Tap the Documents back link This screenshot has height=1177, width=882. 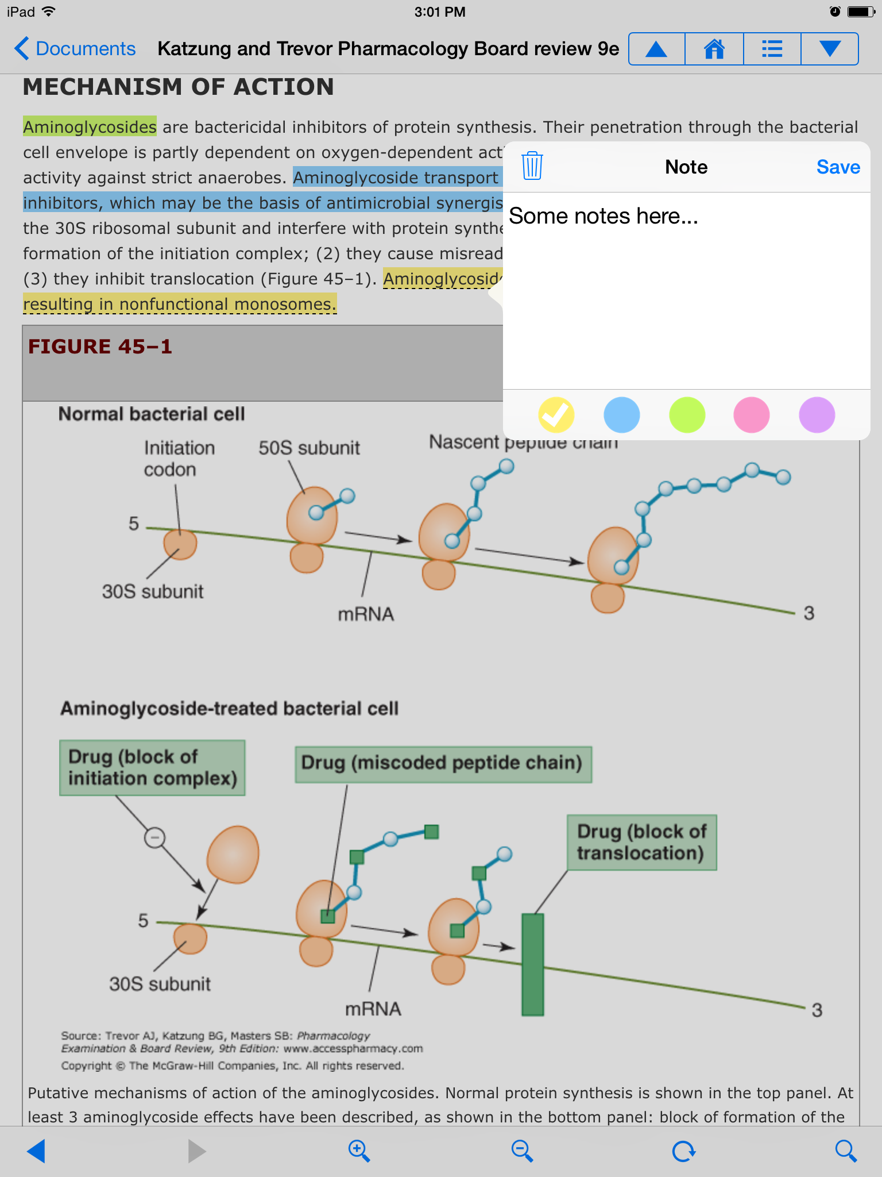(75, 49)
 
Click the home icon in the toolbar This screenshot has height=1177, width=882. (714, 49)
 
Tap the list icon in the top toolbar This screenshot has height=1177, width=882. (772, 49)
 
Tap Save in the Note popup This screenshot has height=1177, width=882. (838, 167)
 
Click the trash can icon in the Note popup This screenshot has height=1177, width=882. (532, 166)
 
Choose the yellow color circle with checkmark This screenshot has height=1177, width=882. (556, 415)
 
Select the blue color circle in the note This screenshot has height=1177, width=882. (621, 415)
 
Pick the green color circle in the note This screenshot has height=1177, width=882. (687, 415)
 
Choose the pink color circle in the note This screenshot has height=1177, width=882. (752, 415)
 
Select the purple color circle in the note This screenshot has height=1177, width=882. (817, 415)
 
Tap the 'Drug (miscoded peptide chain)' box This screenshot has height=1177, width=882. (443, 764)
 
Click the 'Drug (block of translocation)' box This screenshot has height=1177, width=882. (641, 842)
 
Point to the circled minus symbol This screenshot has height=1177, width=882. (154, 837)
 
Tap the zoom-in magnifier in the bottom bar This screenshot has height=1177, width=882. (359, 1151)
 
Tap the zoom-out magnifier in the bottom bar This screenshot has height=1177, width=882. (522, 1151)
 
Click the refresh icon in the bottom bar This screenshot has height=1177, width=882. (684, 1151)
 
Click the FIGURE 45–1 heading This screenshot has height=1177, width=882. (100, 347)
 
